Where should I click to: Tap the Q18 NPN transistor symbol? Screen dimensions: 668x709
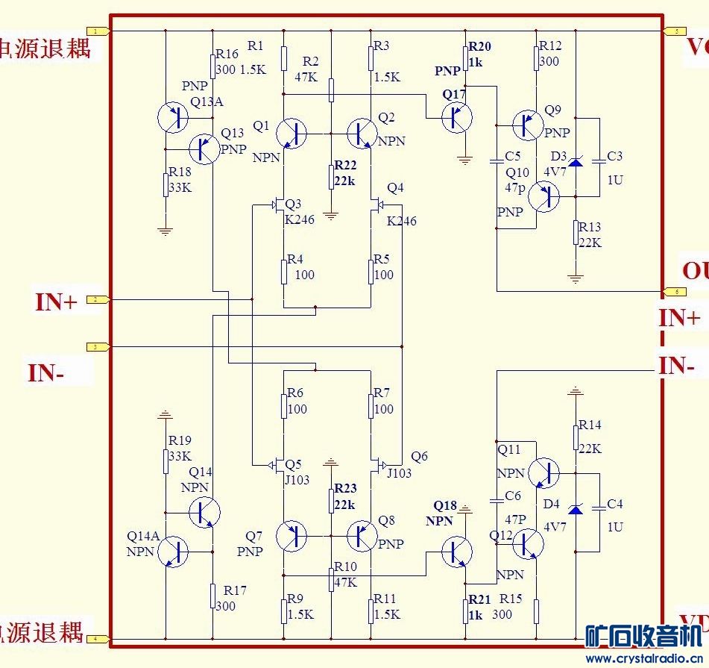coord(456,552)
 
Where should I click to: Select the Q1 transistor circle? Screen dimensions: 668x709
coord(291,134)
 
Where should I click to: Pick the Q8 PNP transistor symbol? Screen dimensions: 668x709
coord(362,535)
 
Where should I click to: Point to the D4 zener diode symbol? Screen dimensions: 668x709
coord(575,508)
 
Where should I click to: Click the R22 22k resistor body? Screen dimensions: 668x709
coord(331,178)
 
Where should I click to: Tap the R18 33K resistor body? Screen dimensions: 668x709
coord(166,185)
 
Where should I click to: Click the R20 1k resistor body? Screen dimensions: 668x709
coord(465,57)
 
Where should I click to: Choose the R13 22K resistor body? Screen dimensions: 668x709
coord(575,232)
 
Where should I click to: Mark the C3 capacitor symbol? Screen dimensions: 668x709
coord(598,160)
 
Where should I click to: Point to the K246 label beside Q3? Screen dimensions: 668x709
coord(300,220)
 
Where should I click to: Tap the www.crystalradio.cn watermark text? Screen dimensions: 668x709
coord(644,658)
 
